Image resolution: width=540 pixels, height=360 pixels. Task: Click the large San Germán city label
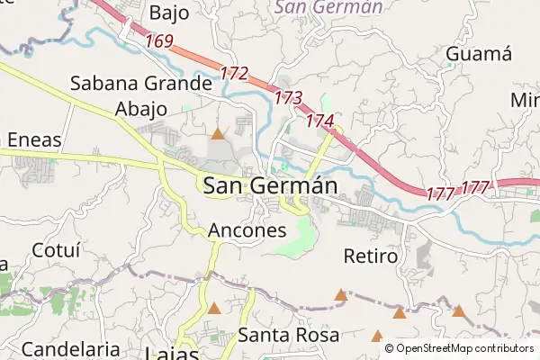coord(270,186)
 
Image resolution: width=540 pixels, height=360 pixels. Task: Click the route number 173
coord(288,96)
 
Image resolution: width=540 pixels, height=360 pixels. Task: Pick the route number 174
coord(319,120)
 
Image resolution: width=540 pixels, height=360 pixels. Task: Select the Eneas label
coord(33,139)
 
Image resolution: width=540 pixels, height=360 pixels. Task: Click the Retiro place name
coord(370,256)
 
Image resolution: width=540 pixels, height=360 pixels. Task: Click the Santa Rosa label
coord(289,336)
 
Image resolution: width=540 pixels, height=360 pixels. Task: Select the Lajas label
coord(171,353)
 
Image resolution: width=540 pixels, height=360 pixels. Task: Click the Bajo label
coord(170,13)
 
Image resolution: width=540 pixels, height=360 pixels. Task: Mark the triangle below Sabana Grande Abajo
coord(217,135)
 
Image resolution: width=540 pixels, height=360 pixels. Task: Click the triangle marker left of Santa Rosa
coord(213,309)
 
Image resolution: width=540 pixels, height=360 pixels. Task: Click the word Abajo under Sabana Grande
coord(141,110)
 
